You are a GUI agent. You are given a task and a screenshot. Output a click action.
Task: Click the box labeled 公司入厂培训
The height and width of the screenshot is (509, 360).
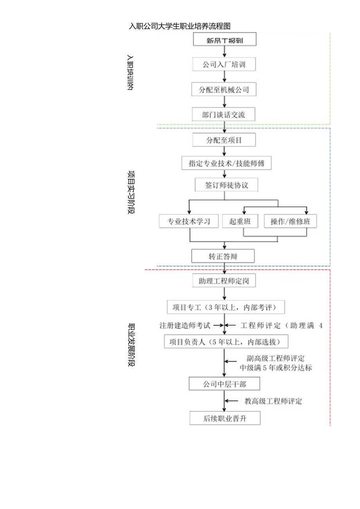click(x=224, y=65)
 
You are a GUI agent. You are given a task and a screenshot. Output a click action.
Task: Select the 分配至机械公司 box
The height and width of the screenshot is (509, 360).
click(x=224, y=90)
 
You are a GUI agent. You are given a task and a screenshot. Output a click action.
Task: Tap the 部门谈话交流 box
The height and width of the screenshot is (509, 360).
click(x=224, y=115)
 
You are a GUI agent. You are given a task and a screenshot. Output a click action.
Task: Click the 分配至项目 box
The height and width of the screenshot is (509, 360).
click(x=224, y=140)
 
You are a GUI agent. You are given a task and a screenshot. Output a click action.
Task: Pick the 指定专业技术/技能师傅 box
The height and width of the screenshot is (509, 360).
click(x=227, y=163)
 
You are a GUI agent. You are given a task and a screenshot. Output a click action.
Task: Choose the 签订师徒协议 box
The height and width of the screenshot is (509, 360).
click(x=227, y=185)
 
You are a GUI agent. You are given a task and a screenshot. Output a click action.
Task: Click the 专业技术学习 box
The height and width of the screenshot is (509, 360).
click(x=189, y=221)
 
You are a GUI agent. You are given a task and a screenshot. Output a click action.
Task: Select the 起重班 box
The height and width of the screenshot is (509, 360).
click(x=240, y=221)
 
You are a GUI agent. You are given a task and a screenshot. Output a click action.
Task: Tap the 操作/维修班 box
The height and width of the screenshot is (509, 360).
click(x=290, y=221)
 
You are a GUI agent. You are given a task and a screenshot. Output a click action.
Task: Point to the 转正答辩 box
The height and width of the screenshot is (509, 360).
click(x=223, y=256)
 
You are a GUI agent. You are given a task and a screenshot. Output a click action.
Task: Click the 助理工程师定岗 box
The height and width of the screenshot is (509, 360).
click(x=224, y=281)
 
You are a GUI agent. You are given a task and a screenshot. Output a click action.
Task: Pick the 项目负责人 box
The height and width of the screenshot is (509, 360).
click(x=227, y=342)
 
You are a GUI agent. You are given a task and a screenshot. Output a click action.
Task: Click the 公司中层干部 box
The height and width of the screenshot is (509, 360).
click(x=224, y=384)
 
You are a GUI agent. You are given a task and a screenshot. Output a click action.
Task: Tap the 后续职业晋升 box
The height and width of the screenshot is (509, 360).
click(x=225, y=418)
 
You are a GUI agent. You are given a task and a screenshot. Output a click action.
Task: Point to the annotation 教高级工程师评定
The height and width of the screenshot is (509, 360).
click(x=274, y=401)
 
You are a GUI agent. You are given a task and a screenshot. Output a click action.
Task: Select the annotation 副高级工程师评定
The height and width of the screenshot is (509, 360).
click(x=276, y=358)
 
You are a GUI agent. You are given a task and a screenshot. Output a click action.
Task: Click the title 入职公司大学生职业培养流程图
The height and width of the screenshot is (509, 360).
click(x=180, y=26)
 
